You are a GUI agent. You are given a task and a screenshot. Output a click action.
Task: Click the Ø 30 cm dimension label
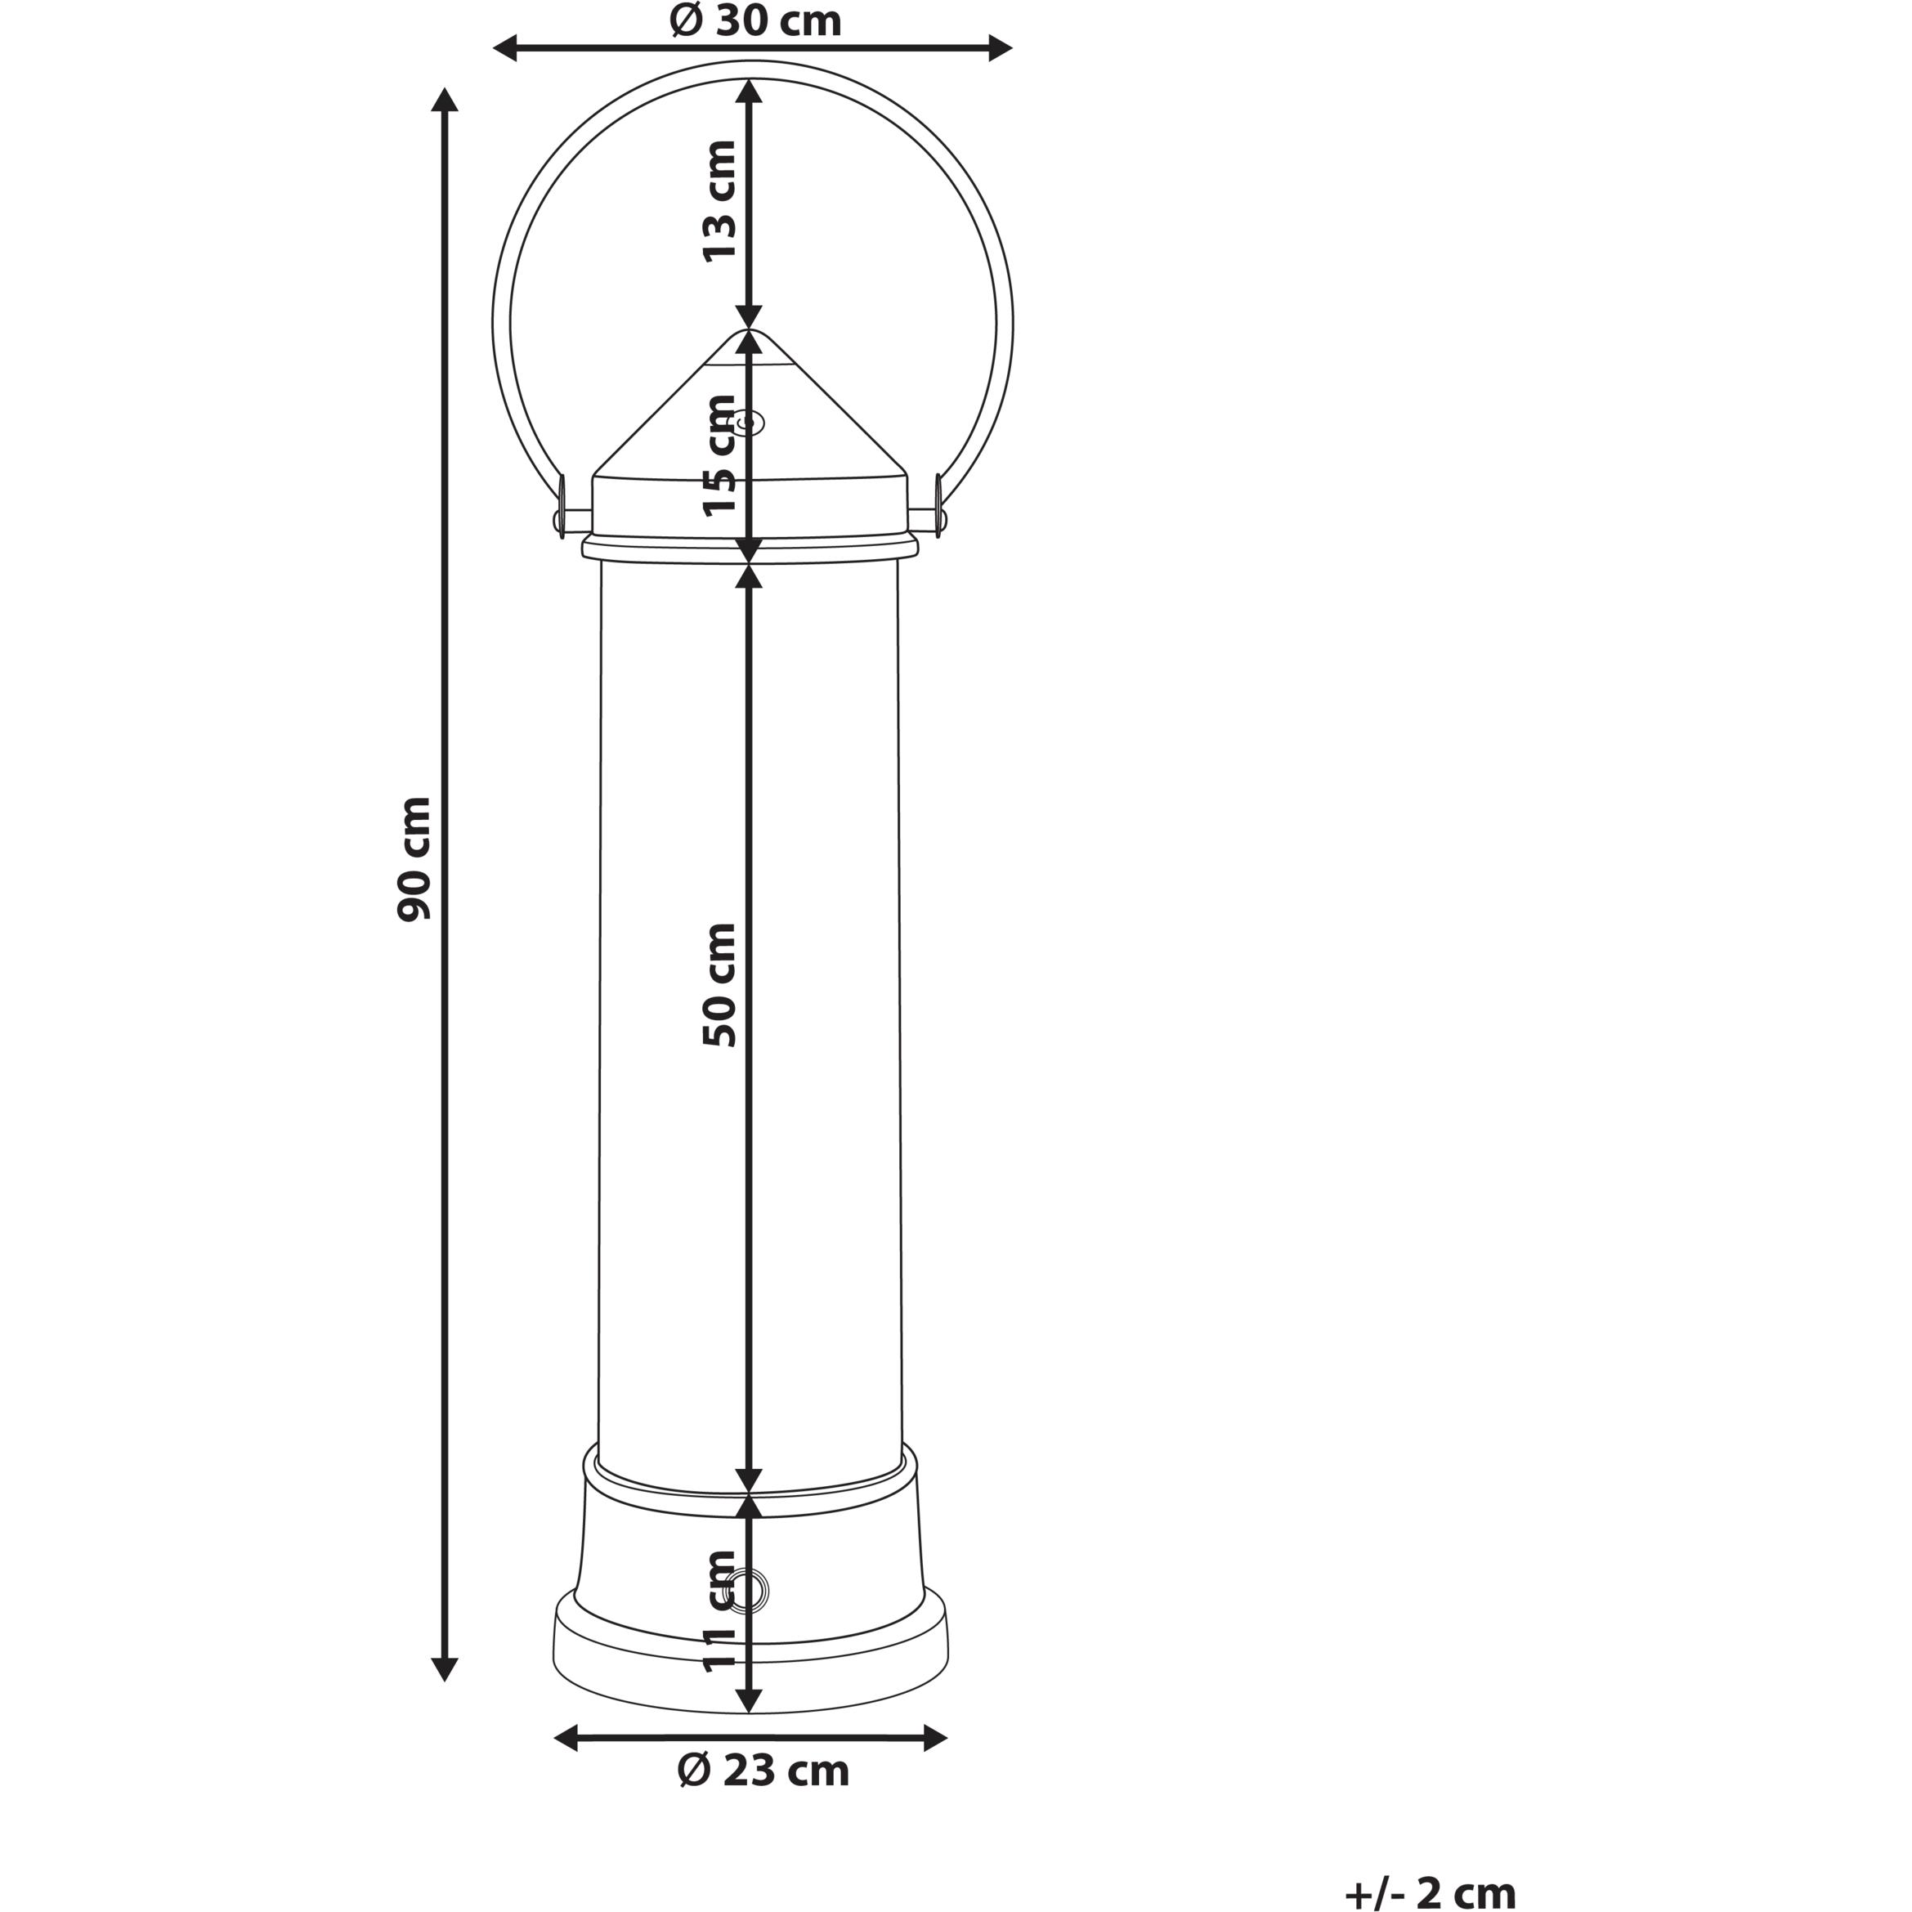(x=756, y=20)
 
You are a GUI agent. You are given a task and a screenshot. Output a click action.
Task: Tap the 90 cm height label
(x=414, y=858)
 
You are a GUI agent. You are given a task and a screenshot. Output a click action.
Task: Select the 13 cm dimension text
(x=719, y=201)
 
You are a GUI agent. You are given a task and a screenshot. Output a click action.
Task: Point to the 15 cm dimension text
(x=719, y=455)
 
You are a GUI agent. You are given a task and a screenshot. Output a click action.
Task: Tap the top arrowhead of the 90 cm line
(x=446, y=101)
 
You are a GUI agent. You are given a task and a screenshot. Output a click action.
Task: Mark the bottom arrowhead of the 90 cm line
(x=446, y=1668)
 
